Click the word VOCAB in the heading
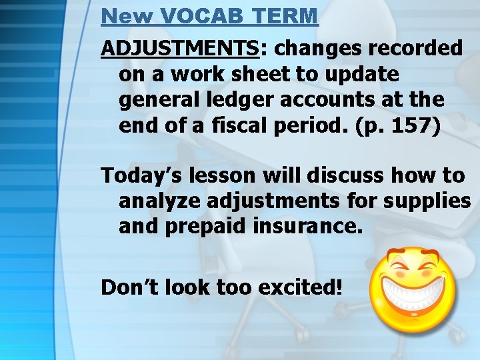[199, 16]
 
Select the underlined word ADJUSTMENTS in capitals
[178, 48]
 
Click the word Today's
[143, 175]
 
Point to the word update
[364, 74]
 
